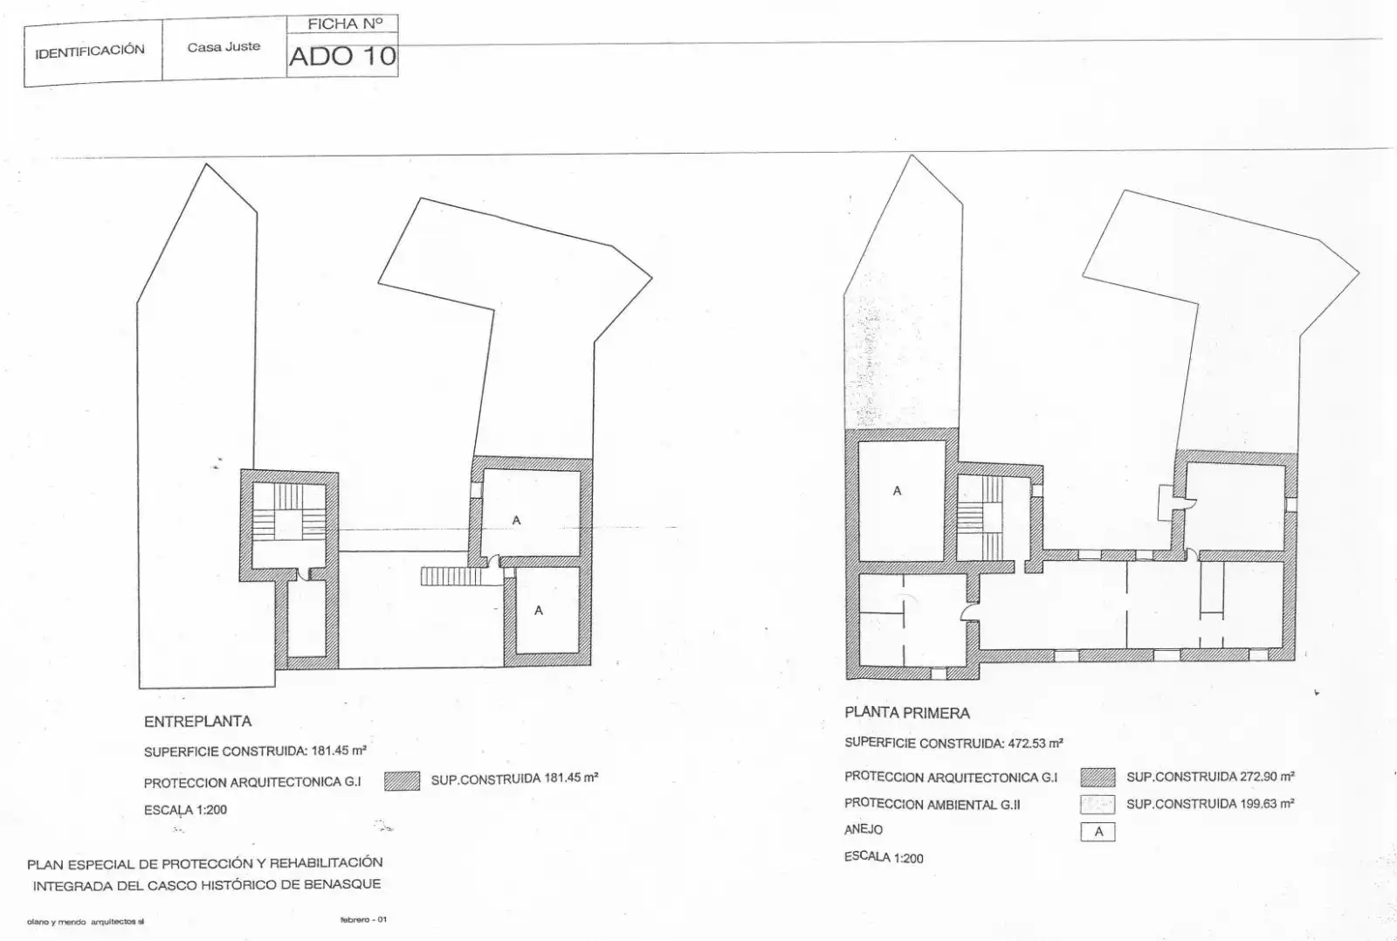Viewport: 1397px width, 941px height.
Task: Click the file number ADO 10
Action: (342, 56)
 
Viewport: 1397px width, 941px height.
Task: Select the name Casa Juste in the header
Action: (224, 47)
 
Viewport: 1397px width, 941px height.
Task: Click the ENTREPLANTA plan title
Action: (197, 722)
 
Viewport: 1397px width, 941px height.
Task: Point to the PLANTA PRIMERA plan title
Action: (907, 713)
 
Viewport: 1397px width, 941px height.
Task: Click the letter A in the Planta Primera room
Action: (897, 491)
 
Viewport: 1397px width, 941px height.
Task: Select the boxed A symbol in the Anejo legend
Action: (1098, 832)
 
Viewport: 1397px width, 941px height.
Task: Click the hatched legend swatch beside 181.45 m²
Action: (402, 780)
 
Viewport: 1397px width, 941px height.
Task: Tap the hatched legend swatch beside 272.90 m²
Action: (1098, 778)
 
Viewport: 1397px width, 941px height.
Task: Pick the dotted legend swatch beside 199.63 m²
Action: (1098, 805)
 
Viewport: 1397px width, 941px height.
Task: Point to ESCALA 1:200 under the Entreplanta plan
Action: (185, 810)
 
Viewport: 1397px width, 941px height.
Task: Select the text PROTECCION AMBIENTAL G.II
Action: (932, 805)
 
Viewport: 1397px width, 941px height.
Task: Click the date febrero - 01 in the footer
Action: (363, 919)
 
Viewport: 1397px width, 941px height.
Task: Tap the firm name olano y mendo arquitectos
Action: (86, 922)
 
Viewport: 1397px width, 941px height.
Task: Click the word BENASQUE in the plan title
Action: (341, 884)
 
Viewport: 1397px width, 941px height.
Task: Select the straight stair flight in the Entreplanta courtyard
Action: (451, 576)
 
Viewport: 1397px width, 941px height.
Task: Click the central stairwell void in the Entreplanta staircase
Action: (288, 525)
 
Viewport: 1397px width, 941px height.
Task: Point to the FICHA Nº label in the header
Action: (345, 24)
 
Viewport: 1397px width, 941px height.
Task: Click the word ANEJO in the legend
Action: (864, 830)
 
